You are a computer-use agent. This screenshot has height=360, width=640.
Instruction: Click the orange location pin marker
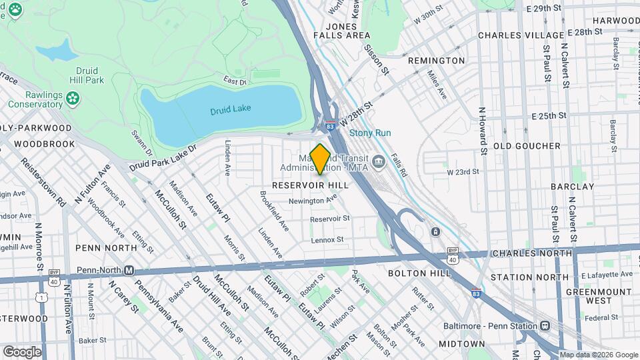point(320,159)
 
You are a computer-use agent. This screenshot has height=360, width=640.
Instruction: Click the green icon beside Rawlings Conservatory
point(73,99)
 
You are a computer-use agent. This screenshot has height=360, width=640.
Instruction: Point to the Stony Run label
point(370,133)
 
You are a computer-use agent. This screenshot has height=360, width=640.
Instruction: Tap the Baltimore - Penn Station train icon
point(545,326)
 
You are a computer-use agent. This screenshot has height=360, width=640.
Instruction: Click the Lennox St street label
point(327,239)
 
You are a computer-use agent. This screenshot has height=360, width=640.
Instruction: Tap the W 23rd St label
point(463,171)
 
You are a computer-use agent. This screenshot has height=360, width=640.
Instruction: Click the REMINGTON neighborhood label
point(436,61)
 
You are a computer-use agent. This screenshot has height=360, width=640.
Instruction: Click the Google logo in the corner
point(21,351)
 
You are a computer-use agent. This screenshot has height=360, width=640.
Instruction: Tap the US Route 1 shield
point(44,296)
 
